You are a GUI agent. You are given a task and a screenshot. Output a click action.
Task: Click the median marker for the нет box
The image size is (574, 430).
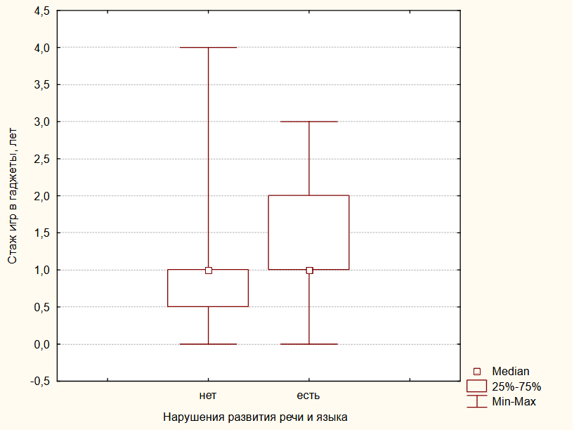209,270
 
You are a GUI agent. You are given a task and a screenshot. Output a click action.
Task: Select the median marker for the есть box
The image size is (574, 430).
309,270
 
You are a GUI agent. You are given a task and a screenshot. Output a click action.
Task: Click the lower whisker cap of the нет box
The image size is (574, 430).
209,344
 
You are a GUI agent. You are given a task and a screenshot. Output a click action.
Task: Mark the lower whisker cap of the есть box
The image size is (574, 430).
309,344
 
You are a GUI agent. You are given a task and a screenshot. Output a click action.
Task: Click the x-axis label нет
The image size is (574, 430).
208,396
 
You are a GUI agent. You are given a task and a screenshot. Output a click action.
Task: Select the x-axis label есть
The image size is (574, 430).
308,396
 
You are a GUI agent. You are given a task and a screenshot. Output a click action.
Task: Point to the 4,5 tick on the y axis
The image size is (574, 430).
41,11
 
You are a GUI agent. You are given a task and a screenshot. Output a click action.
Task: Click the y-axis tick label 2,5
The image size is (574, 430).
41,159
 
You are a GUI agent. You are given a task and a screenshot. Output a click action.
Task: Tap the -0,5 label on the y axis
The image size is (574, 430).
39,381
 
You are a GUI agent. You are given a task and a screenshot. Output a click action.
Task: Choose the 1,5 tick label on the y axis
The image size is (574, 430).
41,233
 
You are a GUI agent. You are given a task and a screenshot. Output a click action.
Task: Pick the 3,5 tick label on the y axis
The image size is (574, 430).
41,84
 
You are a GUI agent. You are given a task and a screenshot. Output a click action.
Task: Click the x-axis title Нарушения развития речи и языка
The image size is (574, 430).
255,417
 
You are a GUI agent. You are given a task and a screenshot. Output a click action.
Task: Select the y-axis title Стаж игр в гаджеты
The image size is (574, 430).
13,196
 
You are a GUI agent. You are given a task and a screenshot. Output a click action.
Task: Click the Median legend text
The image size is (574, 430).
511,371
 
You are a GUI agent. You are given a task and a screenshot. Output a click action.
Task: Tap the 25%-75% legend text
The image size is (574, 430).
516,386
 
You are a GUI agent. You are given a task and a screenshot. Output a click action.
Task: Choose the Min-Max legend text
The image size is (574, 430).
514,402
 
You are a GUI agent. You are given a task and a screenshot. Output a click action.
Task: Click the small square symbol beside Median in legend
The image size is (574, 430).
477,371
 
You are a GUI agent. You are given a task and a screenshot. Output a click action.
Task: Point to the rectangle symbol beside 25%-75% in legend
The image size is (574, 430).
477,386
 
